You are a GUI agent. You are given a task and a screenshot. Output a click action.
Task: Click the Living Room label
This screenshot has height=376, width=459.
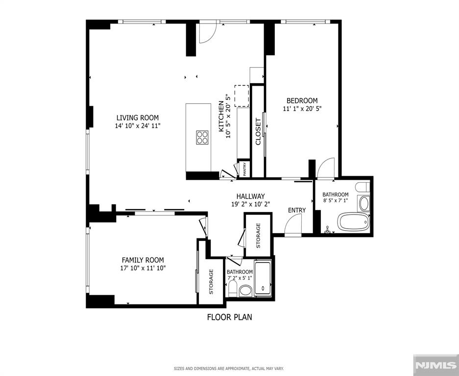(x=137, y=117)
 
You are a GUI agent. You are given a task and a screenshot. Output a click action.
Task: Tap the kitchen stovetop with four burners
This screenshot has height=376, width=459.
(x=202, y=137)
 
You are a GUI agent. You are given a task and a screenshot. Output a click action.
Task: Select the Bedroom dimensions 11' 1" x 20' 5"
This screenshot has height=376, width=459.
(x=302, y=109)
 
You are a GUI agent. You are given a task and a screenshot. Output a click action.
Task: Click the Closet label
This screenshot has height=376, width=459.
(x=258, y=132)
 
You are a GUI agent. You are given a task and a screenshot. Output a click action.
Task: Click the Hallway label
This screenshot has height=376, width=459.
(x=250, y=196)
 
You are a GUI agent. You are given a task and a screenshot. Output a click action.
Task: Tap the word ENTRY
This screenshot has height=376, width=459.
(x=296, y=210)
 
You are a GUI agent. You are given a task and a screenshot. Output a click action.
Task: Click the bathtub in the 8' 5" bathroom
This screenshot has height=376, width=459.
(x=353, y=222)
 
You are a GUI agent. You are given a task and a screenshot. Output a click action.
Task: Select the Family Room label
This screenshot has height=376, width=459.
(x=143, y=260)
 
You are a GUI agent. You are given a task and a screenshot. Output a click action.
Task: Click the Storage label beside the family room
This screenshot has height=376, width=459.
(x=211, y=282)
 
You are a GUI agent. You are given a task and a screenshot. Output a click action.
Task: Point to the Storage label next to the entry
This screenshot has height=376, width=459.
(x=258, y=235)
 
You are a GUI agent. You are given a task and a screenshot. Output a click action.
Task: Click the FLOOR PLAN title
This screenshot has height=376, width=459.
(x=229, y=317)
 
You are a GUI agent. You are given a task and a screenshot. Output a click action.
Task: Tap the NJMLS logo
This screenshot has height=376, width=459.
(x=435, y=365)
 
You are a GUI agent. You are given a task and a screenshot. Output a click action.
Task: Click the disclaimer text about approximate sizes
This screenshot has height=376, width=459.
(x=229, y=368)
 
